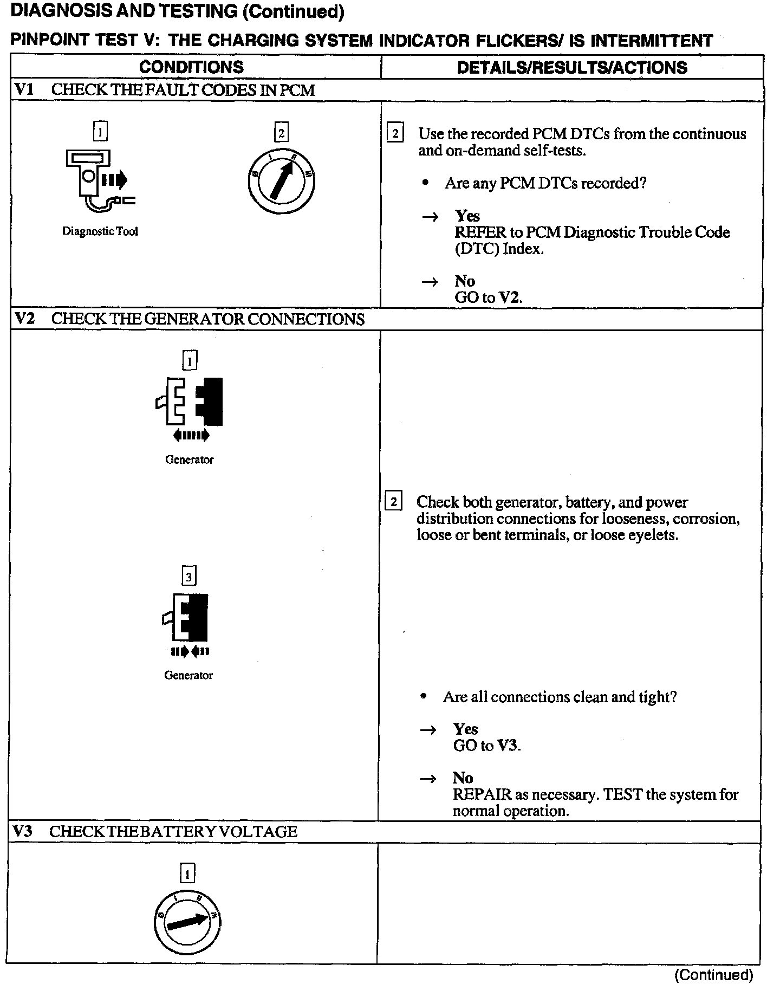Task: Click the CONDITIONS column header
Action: click(191, 67)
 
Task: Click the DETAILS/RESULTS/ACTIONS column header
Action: click(572, 67)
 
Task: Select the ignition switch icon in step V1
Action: click(281, 180)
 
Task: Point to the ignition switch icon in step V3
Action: click(187, 921)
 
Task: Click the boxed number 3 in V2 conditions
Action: click(188, 578)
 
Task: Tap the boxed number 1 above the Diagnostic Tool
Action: click(101, 132)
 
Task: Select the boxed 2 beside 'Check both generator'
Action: click(393, 502)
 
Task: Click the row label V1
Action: click(24, 89)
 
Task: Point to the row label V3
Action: click(23, 831)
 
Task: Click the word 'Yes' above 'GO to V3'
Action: click(465, 729)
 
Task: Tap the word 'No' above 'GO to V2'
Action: click(465, 281)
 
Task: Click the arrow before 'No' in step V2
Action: click(428, 779)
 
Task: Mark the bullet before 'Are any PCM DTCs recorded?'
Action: click(426, 183)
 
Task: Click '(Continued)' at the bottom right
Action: click(713, 975)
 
